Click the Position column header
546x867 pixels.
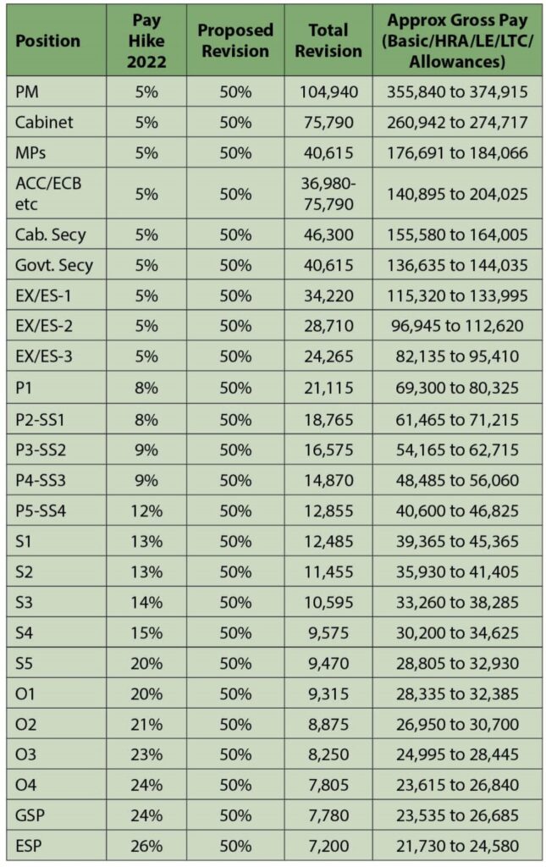tap(47, 41)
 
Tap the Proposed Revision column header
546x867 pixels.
tap(235, 41)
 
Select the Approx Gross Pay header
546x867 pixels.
tap(457, 41)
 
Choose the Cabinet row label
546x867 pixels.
tap(44, 122)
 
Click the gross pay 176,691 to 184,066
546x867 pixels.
tap(457, 152)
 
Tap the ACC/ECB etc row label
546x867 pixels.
tap(48, 192)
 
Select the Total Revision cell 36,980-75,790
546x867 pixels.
tap(328, 192)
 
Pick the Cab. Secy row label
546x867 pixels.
tap(50, 235)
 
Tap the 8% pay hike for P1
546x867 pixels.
tap(146, 388)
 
